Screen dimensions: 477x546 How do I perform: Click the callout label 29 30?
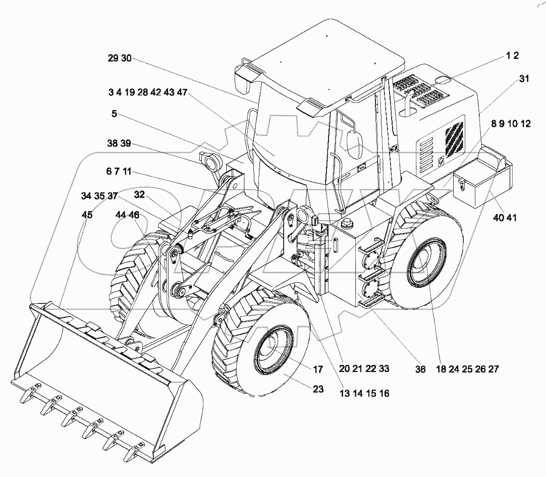point(119,59)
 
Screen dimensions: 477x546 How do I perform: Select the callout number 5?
point(115,114)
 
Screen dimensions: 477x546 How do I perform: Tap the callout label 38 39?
point(119,144)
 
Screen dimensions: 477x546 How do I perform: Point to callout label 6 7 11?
point(119,172)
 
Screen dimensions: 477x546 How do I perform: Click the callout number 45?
point(87,216)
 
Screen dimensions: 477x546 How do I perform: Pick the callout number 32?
point(139,195)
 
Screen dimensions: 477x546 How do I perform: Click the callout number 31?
point(524,79)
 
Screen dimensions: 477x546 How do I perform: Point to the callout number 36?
point(420,369)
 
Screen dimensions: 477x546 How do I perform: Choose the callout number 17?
point(318,370)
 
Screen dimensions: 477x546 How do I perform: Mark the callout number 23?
point(318,389)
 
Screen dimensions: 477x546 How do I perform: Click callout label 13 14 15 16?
point(364,393)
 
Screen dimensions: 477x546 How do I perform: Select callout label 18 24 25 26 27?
point(467,369)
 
